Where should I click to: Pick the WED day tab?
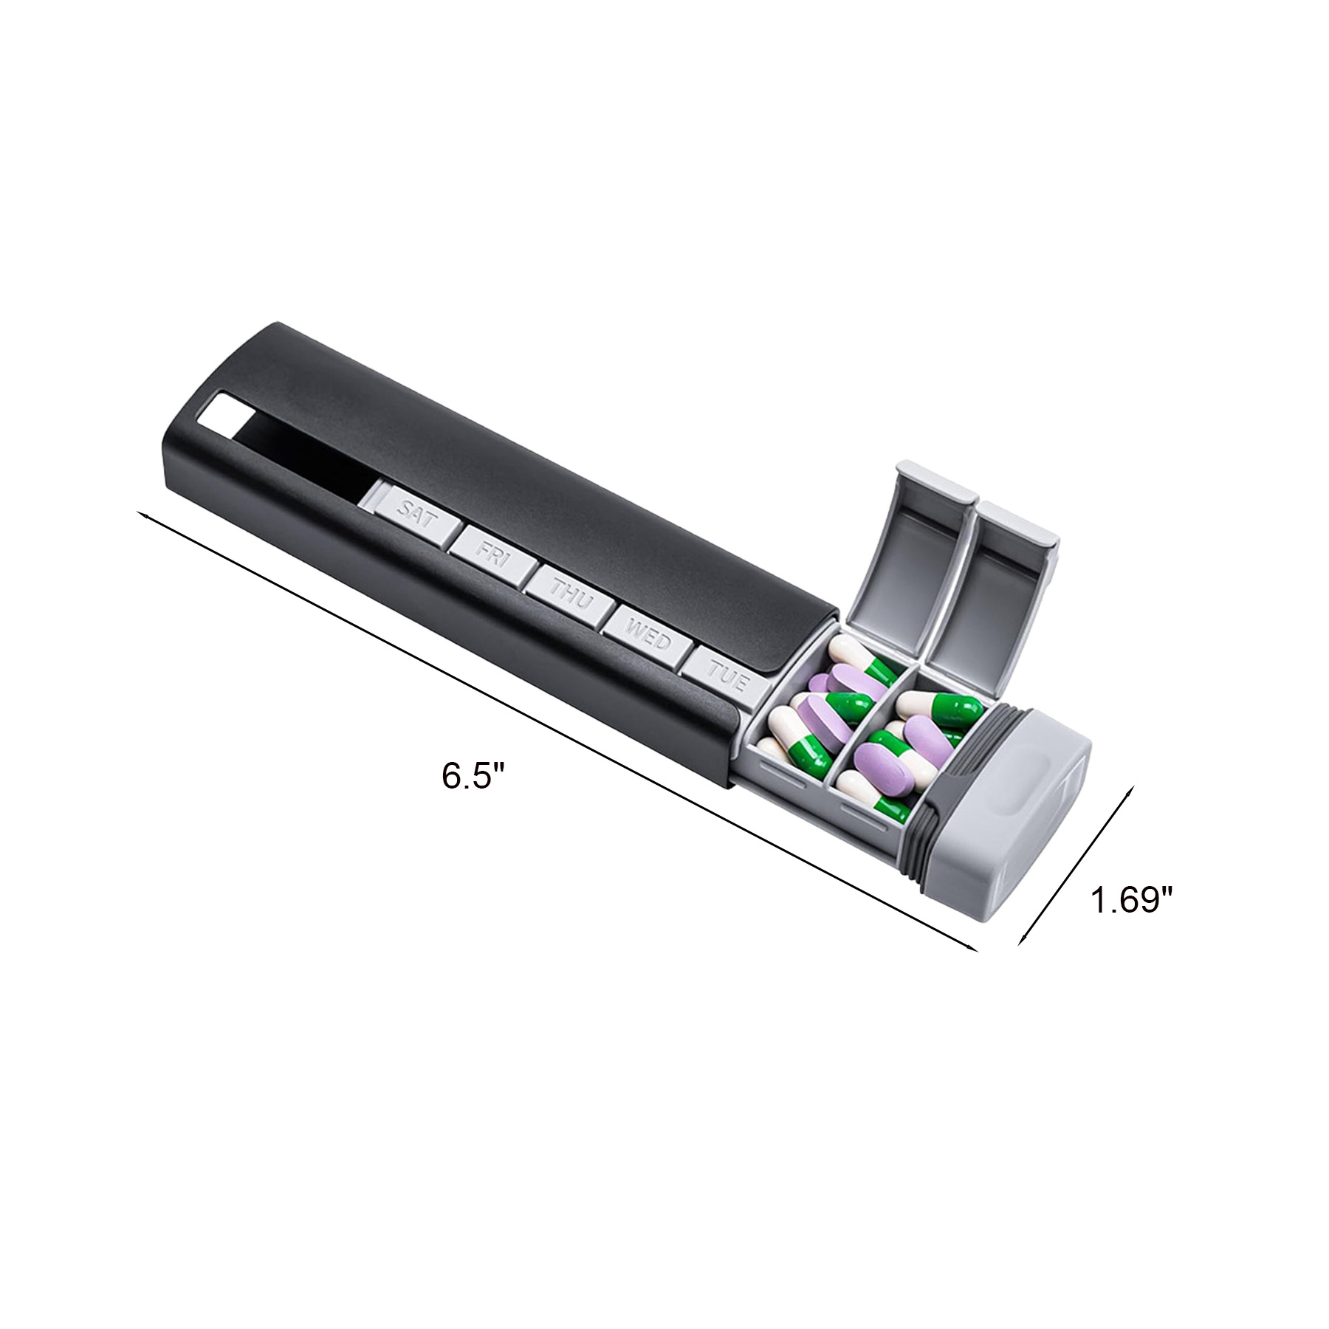click(x=648, y=638)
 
